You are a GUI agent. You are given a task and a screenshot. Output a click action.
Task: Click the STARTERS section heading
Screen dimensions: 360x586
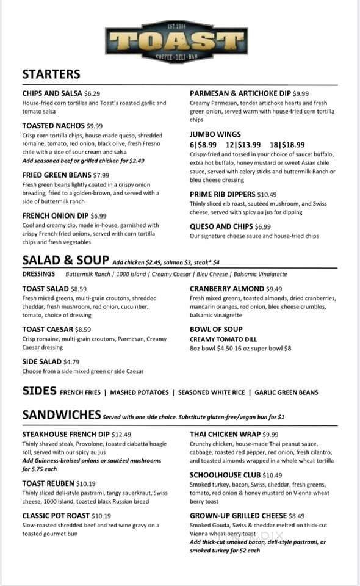[x=51, y=74]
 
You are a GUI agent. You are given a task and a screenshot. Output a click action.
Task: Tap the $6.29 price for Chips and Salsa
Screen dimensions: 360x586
[x=92, y=93]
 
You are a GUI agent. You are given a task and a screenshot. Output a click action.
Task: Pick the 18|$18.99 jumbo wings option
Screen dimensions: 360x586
[x=287, y=145]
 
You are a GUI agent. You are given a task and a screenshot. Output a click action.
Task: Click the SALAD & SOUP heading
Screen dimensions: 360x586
[x=66, y=259]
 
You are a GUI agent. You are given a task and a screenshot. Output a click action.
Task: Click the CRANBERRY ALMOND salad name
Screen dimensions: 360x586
[x=226, y=289]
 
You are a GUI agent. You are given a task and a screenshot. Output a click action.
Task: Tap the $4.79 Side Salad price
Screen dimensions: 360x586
[x=71, y=361]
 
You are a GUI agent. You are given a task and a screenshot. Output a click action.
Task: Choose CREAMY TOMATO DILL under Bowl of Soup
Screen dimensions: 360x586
[x=223, y=339]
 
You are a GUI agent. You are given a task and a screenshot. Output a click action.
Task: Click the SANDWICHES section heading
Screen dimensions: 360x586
[x=61, y=415]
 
